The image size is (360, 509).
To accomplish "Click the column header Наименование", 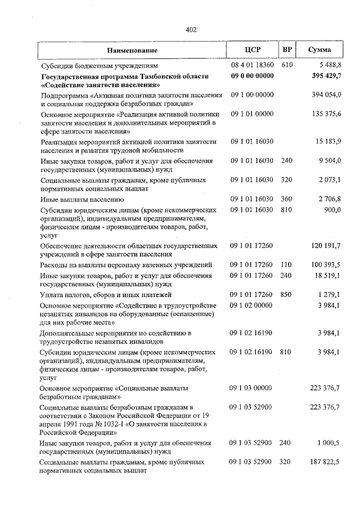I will [x=132, y=51].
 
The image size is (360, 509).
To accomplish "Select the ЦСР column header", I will [x=251, y=50].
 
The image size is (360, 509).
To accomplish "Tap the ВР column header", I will [x=287, y=50].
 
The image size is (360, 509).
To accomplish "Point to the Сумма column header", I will [x=319, y=50].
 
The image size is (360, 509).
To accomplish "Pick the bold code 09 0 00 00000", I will [x=251, y=76].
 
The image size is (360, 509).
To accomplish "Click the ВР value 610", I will [x=287, y=66].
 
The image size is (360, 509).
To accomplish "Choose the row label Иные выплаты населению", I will [x=82, y=199].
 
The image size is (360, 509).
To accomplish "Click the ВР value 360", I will [x=287, y=199].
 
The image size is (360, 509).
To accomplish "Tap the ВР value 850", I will [x=287, y=295].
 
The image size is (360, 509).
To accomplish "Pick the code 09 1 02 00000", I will [x=251, y=305].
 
